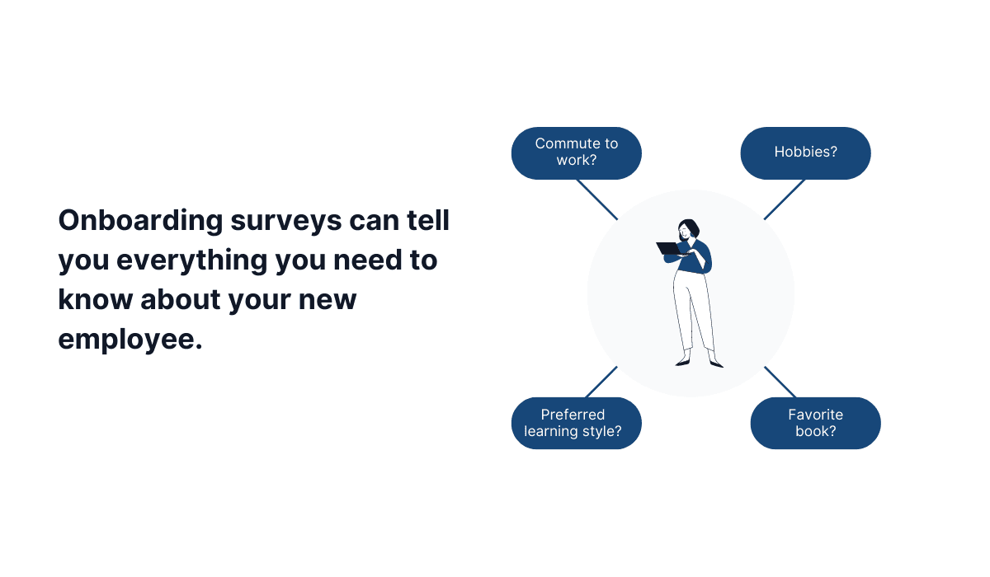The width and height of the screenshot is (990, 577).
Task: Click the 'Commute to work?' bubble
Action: [576, 152]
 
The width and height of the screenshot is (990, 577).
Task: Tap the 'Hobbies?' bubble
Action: [805, 152]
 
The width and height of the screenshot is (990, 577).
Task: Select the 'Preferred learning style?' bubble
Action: [576, 423]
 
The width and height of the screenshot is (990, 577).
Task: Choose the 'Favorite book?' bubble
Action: [815, 423]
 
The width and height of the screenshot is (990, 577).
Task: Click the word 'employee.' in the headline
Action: [130, 338]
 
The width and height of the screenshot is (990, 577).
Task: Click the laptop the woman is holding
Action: [668, 248]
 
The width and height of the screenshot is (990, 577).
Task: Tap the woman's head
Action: [688, 228]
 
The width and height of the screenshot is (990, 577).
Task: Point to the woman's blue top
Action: [698, 255]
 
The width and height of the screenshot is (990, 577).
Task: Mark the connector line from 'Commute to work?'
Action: [596, 199]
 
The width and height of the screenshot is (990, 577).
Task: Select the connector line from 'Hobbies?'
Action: [785, 199]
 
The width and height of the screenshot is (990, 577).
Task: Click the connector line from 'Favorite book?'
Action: [780, 382]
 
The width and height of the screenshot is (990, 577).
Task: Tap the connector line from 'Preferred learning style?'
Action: [601, 382]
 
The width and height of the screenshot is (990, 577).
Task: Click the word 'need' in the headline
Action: [369, 260]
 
